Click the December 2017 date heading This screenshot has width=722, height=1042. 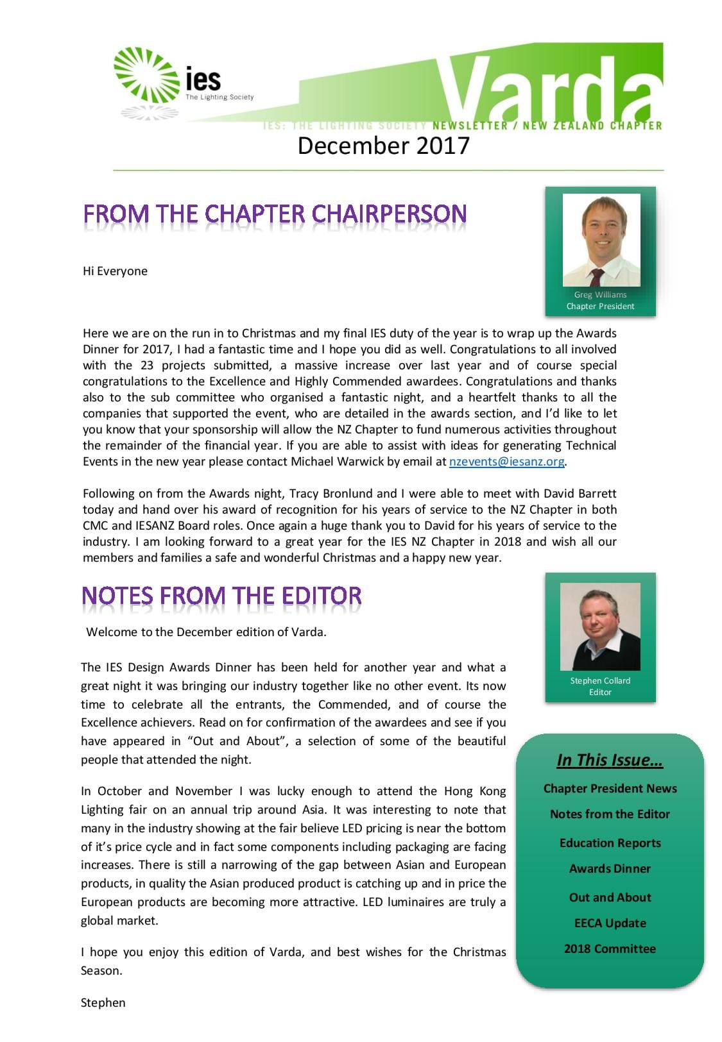(x=383, y=146)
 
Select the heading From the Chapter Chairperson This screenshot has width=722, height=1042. (x=275, y=214)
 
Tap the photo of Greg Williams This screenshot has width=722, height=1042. (x=601, y=240)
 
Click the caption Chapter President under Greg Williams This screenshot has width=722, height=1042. (x=600, y=306)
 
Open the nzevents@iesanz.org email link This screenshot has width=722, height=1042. (x=506, y=461)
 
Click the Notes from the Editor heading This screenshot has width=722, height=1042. (x=221, y=596)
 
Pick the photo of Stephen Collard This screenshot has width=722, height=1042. (x=600, y=626)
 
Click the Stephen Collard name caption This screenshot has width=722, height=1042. (x=600, y=680)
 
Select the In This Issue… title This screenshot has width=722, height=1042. (x=610, y=760)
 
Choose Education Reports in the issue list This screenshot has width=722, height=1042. (x=610, y=843)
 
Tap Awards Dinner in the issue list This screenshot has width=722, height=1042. (x=610, y=868)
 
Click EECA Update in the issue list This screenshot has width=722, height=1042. (x=610, y=923)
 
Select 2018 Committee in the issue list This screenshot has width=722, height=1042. (x=610, y=948)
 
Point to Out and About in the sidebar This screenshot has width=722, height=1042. (x=610, y=897)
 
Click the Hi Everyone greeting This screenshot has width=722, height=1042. (x=115, y=271)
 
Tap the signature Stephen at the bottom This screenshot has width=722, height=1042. (x=103, y=1002)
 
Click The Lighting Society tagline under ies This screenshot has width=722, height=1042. (x=219, y=97)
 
